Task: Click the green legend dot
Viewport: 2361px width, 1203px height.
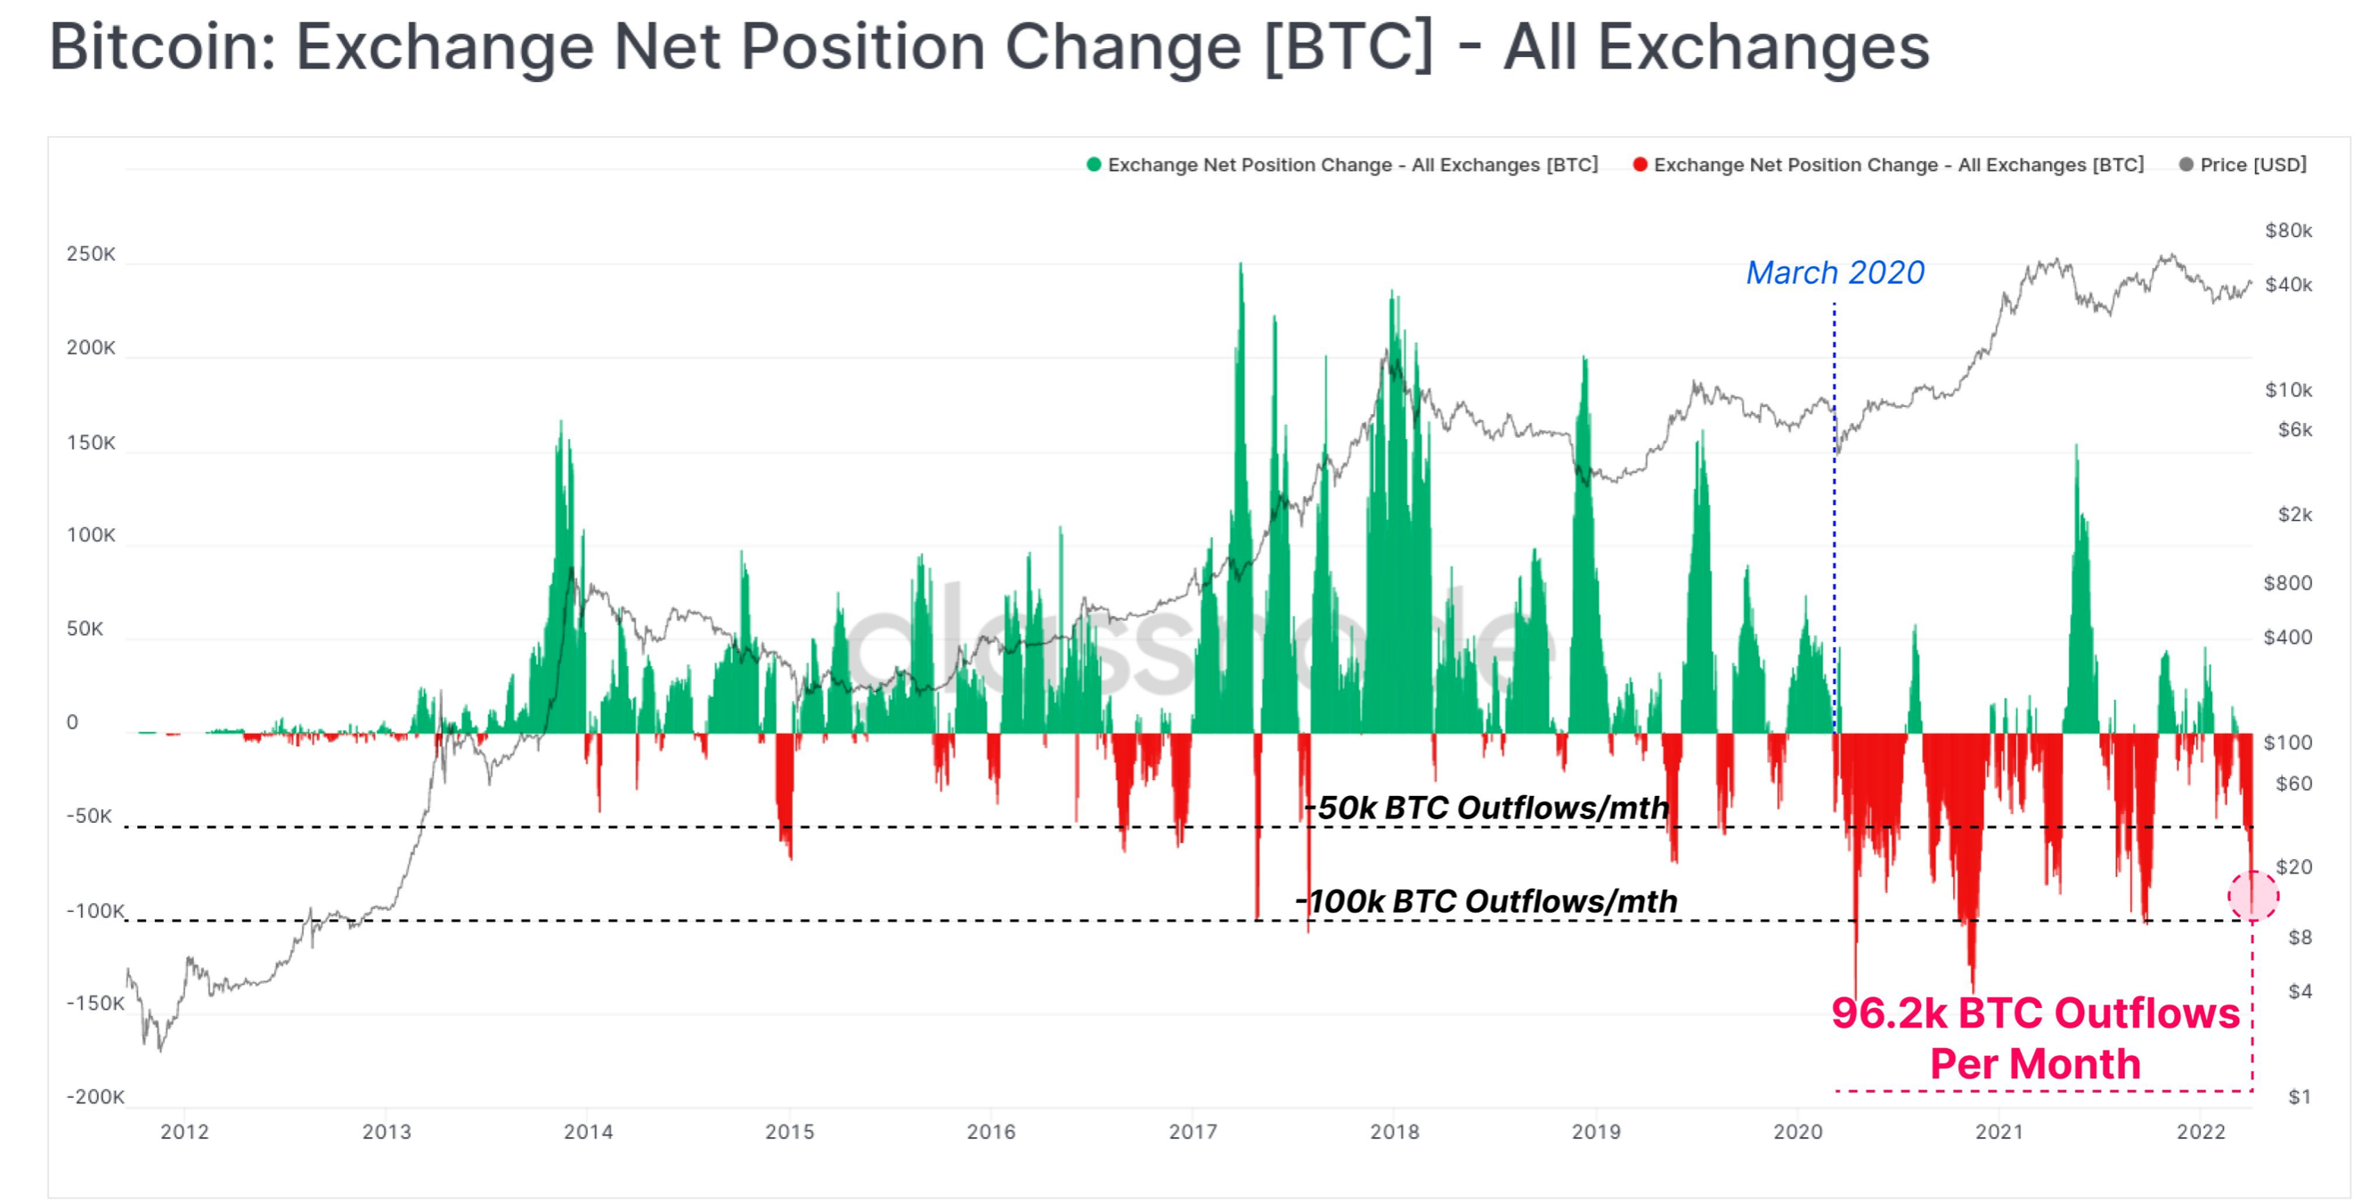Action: point(1093,165)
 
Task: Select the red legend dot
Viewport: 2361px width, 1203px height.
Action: point(1640,165)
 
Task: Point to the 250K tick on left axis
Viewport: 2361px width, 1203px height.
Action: point(91,254)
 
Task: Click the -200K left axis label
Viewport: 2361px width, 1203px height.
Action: point(94,1097)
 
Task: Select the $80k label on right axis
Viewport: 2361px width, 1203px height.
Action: point(2288,231)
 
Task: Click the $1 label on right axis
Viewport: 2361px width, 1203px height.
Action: point(2300,1097)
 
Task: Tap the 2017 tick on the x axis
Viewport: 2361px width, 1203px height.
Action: point(1193,1132)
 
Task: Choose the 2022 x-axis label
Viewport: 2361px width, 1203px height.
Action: point(2201,1132)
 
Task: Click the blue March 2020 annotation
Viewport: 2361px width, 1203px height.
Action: point(1834,273)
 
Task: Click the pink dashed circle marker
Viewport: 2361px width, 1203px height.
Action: point(2253,895)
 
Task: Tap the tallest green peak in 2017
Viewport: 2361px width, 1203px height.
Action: point(1241,267)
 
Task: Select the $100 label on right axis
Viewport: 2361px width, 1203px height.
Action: point(2288,742)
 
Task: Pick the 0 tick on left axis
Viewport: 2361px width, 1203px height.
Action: point(72,723)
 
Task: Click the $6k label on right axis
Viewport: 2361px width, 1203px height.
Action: point(2294,431)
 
